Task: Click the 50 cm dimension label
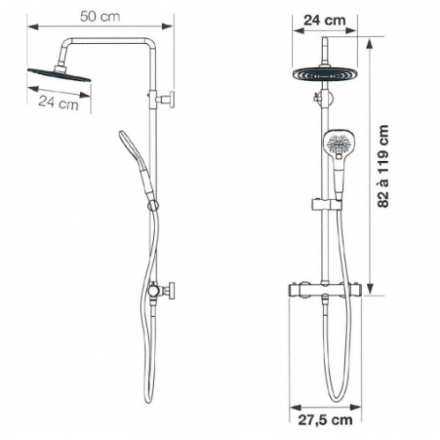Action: pyautogui.click(x=100, y=17)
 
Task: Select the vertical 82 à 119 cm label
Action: pyautogui.click(x=384, y=166)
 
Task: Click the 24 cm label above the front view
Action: pyautogui.click(x=325, y=20)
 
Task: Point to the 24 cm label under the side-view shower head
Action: pyautogui.click(x=59, y=103)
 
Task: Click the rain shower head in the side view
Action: pyautogui.click(x=59, y=74)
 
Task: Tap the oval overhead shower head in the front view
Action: pyautogui.click(x=325, y=74)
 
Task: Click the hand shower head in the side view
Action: pyautogui.click(x=129, y=146)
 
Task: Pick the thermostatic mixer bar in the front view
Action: pyautogui.click(x=325, y=290)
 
